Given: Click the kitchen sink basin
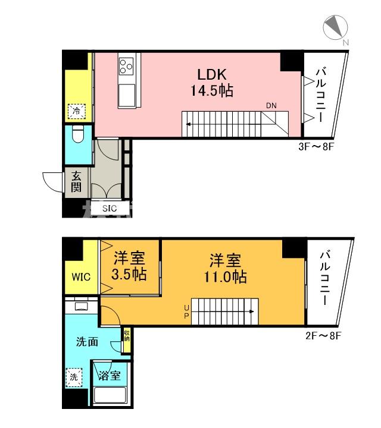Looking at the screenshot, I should (127, 96).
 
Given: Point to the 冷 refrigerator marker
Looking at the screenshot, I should (76, 110).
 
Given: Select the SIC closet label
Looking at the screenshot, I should (110, 208).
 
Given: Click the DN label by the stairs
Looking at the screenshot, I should (271, 106).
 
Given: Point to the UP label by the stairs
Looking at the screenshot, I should (187, 311).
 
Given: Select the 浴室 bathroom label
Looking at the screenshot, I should (111, 375).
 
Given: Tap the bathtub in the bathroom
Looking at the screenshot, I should (110, 396).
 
